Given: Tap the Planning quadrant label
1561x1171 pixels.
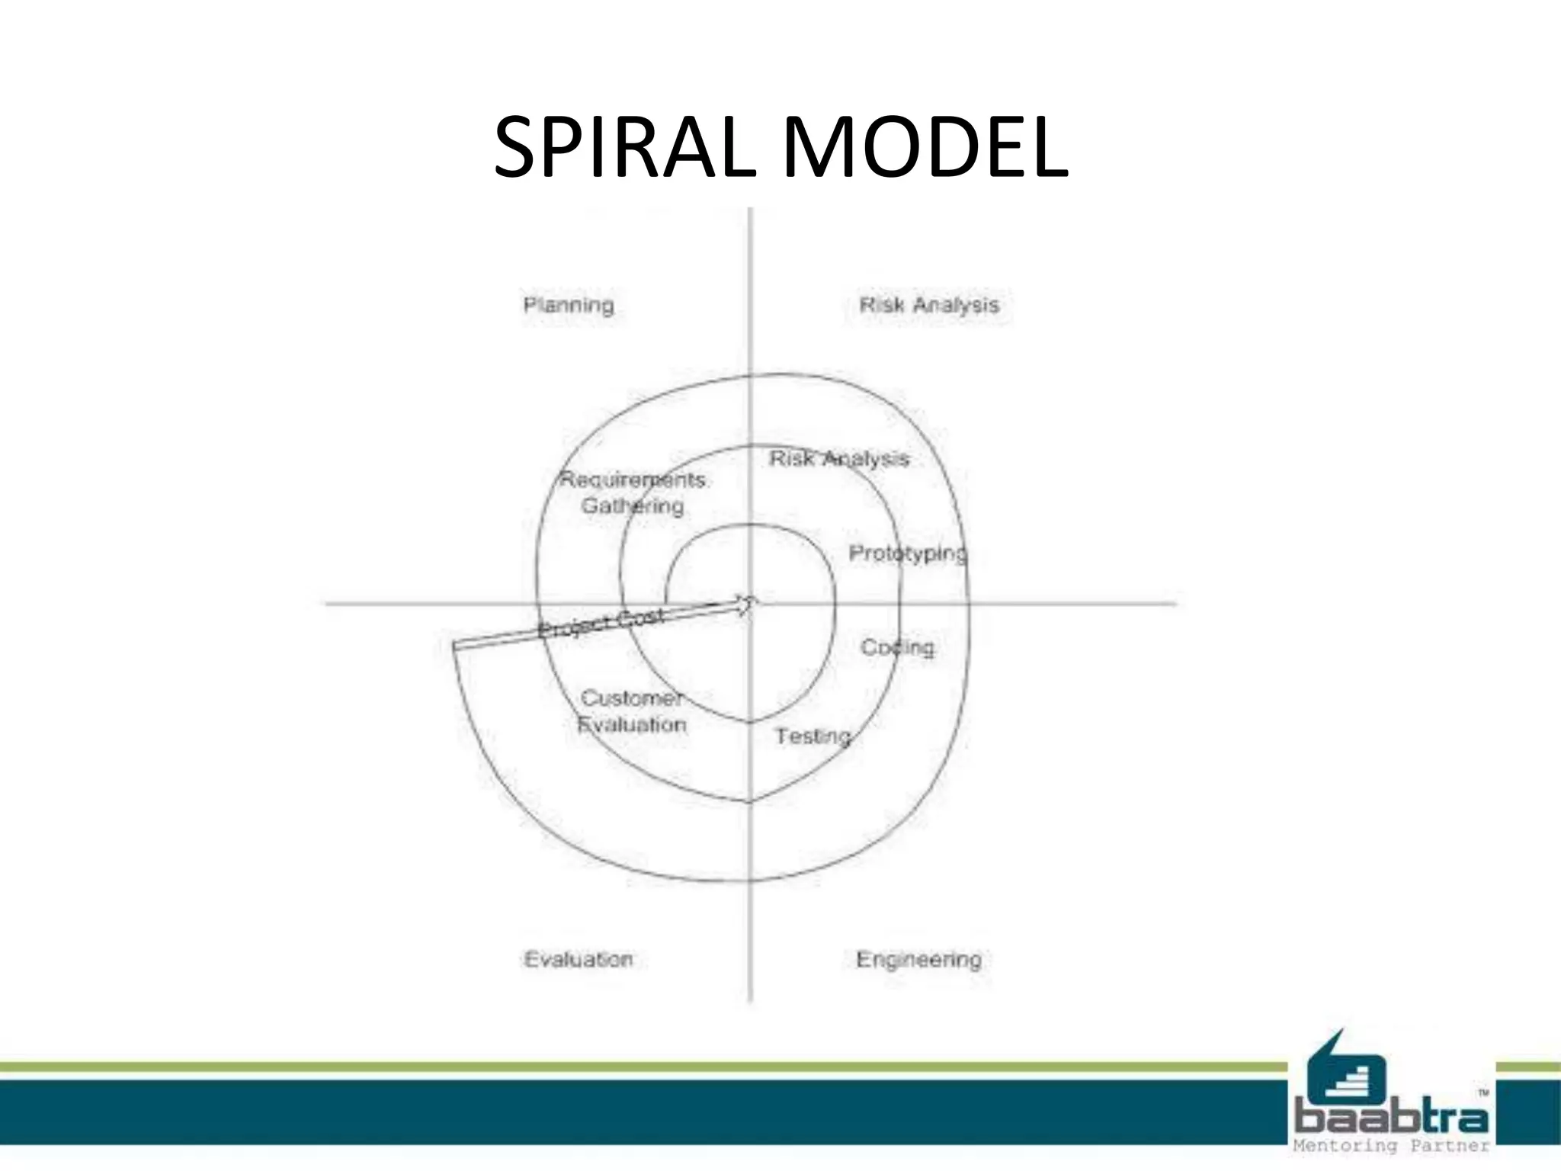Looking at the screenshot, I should tap(569, 306).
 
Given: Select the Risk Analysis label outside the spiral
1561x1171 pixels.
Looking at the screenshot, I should tap(928, 305).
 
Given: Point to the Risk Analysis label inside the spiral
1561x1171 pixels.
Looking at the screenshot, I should tap(838, 459).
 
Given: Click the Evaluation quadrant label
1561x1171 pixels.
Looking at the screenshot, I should tap(579, 959).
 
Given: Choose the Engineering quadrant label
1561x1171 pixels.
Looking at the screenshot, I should tap(918, 959).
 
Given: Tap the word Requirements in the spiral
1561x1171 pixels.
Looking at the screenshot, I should tap(633, 480).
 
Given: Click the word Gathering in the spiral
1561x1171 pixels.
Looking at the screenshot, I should tap(633, 506).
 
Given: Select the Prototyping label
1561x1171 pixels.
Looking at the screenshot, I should tap(907, 553).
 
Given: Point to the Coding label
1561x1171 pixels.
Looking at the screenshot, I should tap(897, 647).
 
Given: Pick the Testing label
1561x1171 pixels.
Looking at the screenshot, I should tap(813, 736).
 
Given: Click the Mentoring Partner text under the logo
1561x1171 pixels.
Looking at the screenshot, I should tap(1392, 1146).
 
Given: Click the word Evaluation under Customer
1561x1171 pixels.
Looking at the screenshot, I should tap(632, 724).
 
